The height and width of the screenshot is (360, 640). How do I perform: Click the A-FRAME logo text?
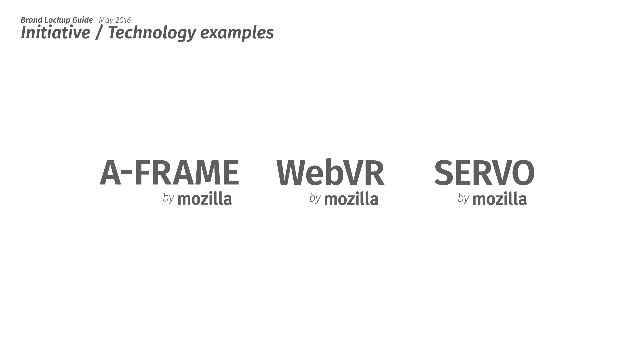click(x=169, y=172)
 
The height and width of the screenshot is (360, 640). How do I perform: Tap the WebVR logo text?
click(x=330, y=172)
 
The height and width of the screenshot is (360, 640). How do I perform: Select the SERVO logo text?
click(x=484, y=172)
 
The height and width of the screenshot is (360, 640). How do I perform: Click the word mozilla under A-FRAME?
click(x=205, y=199)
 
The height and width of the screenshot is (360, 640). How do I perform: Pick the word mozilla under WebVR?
click(x=351, y=199)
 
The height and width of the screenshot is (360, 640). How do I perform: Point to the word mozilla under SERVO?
click(x=500, y=199)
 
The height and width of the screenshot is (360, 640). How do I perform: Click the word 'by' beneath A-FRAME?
click(x=168, y=198)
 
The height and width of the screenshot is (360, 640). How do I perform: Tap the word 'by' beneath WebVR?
click(x=315, y=198)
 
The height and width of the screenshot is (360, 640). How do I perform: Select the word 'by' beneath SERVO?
click(x=463, y=198)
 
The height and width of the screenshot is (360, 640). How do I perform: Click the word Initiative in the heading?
click(x=56, y=33)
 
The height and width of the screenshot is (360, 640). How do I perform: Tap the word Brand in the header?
click(x=31, y=20)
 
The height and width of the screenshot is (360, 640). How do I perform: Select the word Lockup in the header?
click(x=57, y=20)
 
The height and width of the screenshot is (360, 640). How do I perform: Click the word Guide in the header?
click(x=83, y=20)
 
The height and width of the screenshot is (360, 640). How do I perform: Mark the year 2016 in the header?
click(x=123, y=20)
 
